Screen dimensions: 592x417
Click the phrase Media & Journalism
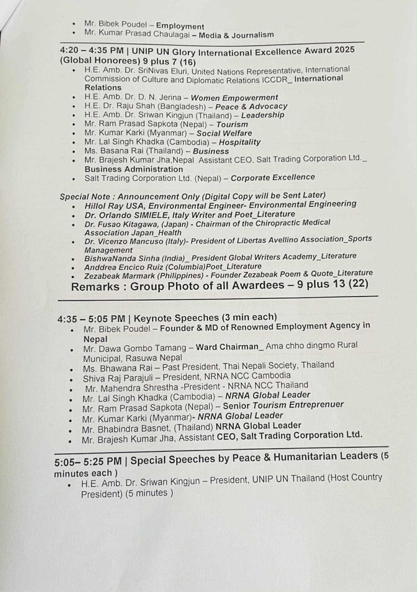(x=233, y=35)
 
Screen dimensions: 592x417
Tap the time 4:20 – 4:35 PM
(x=93, y=51)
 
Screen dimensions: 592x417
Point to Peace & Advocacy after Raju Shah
(x=251, y=106)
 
